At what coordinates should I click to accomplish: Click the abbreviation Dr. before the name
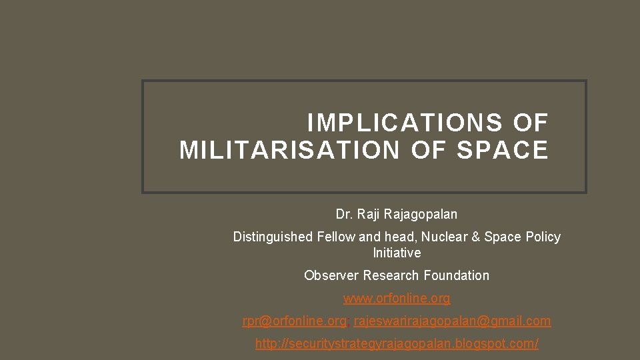click(344, 215)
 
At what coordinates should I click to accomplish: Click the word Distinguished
click(273, 237)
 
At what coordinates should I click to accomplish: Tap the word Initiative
click(397, 253)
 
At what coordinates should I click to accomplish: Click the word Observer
click(328, 275)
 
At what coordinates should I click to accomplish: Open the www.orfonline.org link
click(397, 298)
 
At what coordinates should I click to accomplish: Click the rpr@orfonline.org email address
click(294, 321)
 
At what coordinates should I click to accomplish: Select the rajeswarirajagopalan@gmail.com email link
click(452, 321)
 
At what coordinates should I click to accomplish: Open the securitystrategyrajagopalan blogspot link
click(397, 344)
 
